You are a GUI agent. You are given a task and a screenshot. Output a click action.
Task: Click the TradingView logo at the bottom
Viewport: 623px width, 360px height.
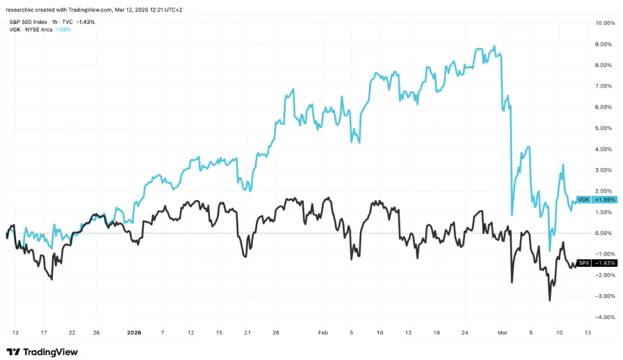pos(41,352)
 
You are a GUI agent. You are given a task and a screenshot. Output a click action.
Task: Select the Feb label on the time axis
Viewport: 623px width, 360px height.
pos(323,332)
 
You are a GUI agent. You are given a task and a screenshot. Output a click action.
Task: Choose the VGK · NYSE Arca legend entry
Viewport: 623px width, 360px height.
pos(32,30)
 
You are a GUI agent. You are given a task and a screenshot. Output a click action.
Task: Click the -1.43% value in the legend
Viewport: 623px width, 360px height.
pos(87,22)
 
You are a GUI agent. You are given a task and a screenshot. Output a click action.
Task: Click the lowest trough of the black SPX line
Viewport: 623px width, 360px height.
pos(549,300)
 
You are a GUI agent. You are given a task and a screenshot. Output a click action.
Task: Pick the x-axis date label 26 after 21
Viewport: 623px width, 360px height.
pos(276,332)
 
